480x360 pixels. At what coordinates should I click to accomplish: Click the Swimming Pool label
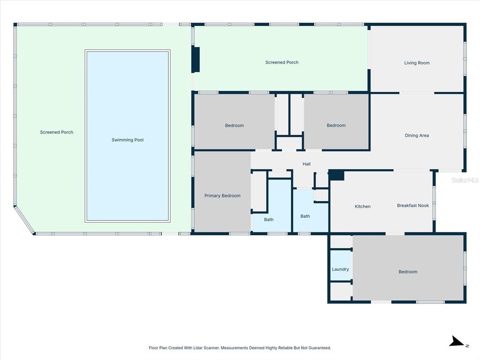(127, 140)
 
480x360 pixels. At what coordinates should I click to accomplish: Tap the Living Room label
(417, 63)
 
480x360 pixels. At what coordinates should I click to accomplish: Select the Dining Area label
(417, 135)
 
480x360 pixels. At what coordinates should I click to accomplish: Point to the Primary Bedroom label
(222, 195)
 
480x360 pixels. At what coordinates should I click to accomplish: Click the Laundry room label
(340, 269)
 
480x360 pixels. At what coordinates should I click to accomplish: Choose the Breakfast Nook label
(412, 205)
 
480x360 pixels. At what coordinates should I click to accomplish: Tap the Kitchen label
(362, 206)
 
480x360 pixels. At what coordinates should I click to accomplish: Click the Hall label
(307, 164)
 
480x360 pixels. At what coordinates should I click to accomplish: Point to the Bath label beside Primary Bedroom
(269, 219)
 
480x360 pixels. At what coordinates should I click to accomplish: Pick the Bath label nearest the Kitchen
(305, 216)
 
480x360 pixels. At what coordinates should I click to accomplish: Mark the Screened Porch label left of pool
(57, 132)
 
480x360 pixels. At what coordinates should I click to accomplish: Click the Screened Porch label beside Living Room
(282, 62)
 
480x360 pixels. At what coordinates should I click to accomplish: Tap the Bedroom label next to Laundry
(408, 271)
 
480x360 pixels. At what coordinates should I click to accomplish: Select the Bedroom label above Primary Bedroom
(234, 125)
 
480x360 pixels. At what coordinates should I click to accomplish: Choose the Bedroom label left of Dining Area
(336, 125)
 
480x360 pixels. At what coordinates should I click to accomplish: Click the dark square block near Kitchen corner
(337, 175)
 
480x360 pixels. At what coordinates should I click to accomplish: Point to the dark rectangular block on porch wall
(195, 60)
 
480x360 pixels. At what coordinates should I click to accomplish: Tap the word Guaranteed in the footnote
(320, 348)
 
